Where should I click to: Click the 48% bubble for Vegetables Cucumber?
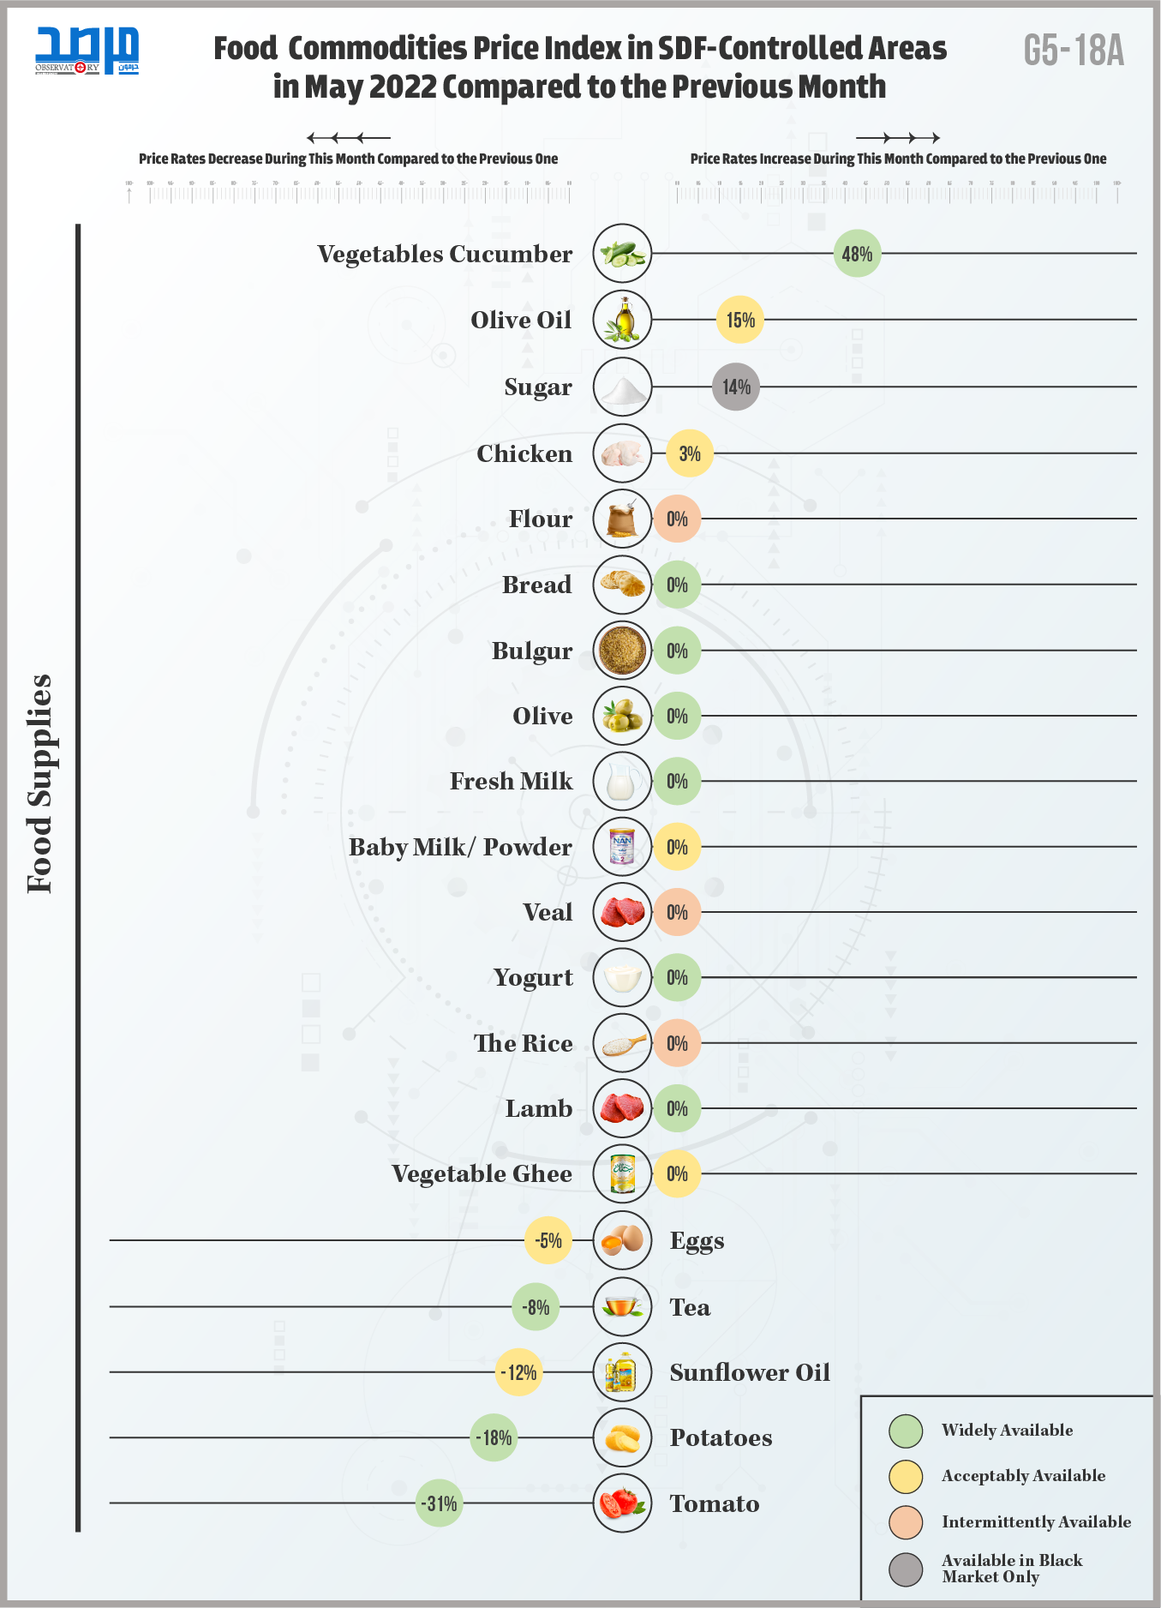857,254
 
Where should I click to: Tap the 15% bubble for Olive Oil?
740,320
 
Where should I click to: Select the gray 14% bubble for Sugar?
736,387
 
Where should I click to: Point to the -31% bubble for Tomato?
439,1503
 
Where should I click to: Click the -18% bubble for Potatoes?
494,1437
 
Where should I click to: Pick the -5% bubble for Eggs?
548,1240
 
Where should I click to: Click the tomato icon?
622,1503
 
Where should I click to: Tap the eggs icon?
622,1240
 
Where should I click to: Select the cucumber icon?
622,254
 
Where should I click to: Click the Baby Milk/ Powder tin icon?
622,847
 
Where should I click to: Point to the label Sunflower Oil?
750,1372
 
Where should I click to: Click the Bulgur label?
532,651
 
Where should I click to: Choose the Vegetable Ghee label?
482,1174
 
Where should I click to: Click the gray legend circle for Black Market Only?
906,1569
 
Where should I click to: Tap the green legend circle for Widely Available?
906,1431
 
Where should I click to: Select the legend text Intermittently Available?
1036,1522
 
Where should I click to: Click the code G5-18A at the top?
1074,51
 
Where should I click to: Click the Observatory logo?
87,51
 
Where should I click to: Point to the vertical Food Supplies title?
40,783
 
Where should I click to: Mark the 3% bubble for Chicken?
690,453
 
